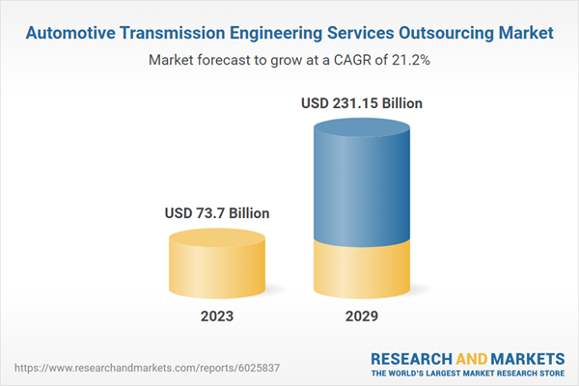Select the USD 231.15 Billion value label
tap(362, 101)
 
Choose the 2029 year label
tap(362, 316)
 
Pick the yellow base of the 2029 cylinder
tap(362, 270)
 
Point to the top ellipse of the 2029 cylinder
tap(362, 129)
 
